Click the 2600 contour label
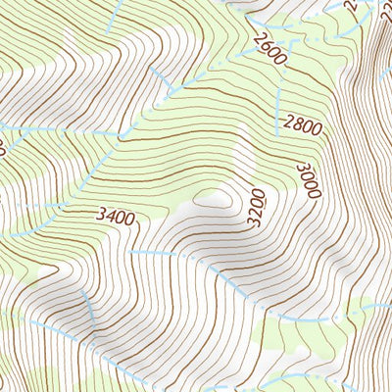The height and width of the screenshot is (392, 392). pyautogui.click(x=269, y=49)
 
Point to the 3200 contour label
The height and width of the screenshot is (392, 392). pyautogui.click(x=257, y=208)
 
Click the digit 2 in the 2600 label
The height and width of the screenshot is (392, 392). pyautogui.click(x=257, y=37)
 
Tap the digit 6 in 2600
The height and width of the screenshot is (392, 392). pyautogui.click(x=265, y=45)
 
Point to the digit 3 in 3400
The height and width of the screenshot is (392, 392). pyautogui.click(x=100, y=216)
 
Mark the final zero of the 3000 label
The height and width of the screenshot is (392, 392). pyautogui.click(x=314, y=194)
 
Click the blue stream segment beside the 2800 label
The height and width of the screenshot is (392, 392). pyautogui.click(x=278, y=108)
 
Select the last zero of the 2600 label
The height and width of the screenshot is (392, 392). pyautogui.click(x=280, y=60)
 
